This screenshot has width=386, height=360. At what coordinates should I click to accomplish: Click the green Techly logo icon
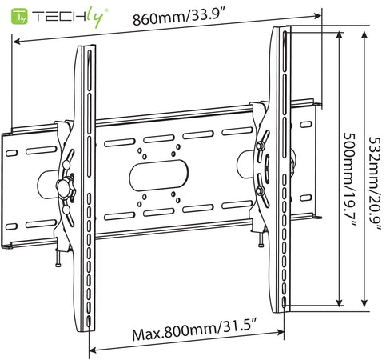[x=19, y=17]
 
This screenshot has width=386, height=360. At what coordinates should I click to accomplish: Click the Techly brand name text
[x=70, y=18]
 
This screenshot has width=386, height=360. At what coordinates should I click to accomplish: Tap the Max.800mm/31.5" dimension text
[x=194, y=330]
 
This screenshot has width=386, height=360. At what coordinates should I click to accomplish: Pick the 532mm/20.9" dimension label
[x=375, y=183]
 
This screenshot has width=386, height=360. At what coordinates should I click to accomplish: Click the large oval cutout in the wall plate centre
[x=159, y=175]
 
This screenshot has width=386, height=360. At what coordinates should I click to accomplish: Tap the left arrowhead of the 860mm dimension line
[x=17, y=42]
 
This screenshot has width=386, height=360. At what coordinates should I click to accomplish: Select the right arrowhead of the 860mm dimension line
[x=318, y=16]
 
